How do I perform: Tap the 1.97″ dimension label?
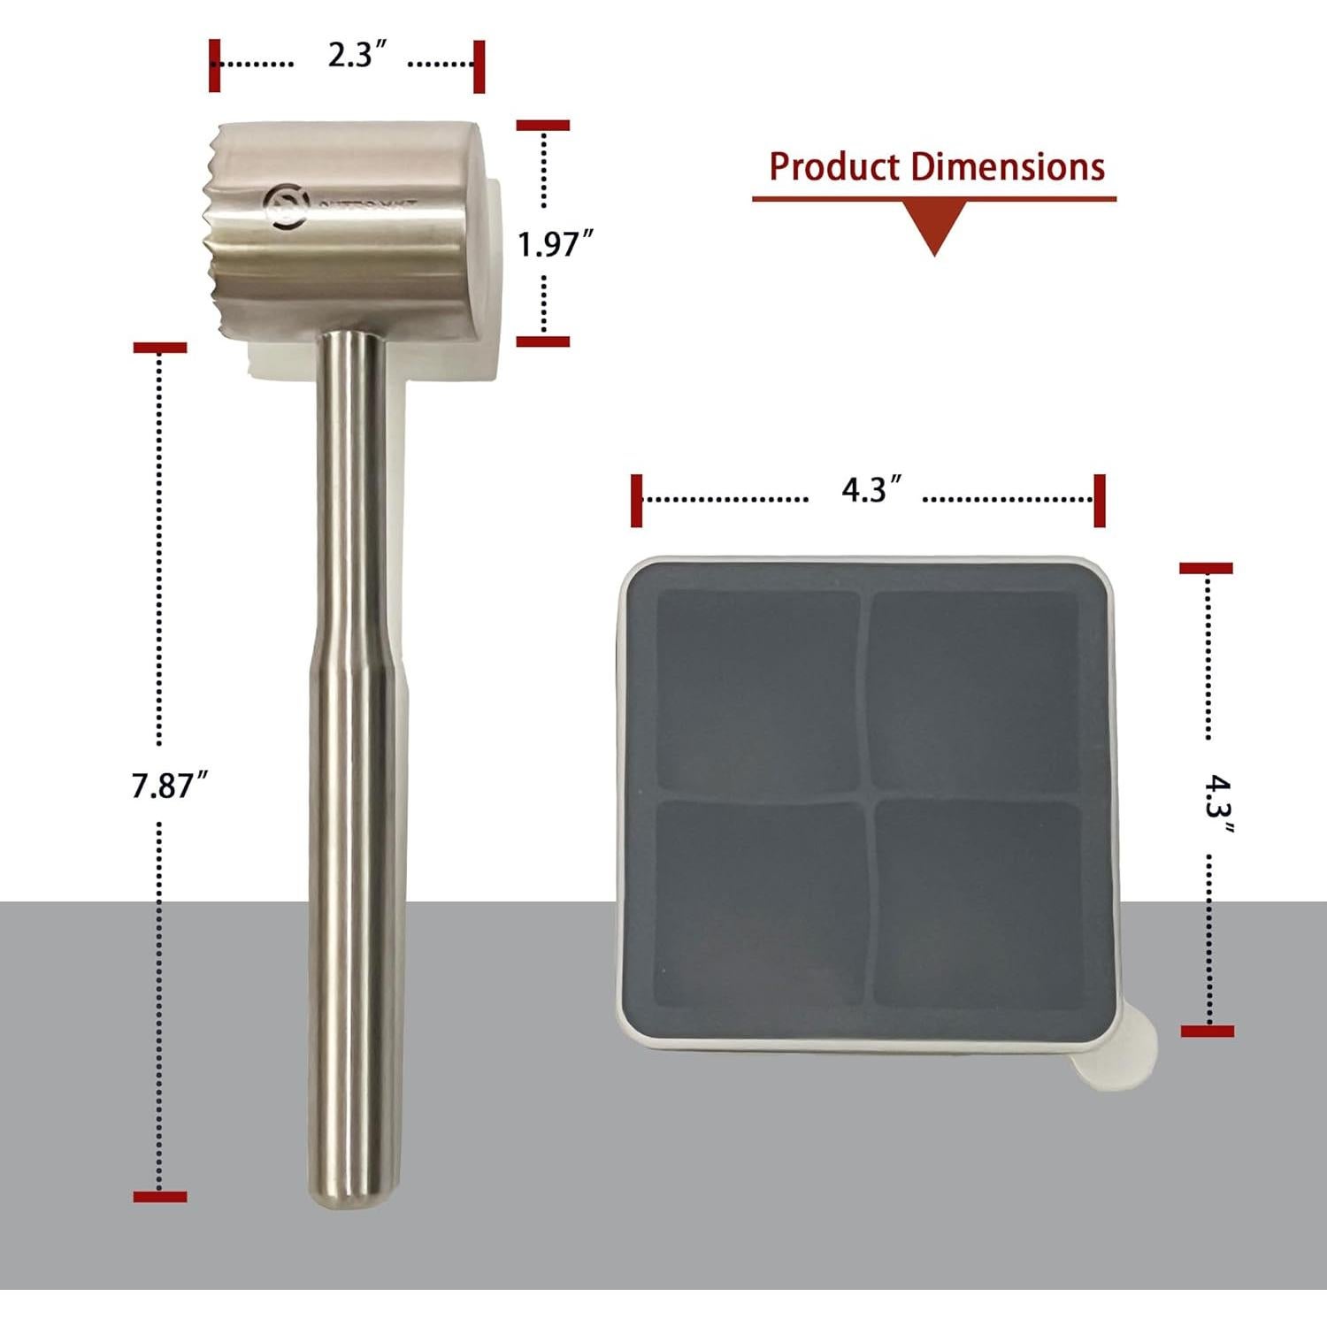click(554, 244)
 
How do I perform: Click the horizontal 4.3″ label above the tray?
click(871, 489)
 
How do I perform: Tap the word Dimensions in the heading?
click(1009, 167)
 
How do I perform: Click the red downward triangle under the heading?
click(935, 226)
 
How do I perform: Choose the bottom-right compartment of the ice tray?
click(978, 902)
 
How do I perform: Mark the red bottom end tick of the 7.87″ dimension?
click(160, 1197)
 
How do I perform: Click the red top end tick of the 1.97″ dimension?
click(542, 126)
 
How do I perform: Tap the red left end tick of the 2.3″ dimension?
click(214, 65)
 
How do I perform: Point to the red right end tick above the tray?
click(1100, 500)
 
